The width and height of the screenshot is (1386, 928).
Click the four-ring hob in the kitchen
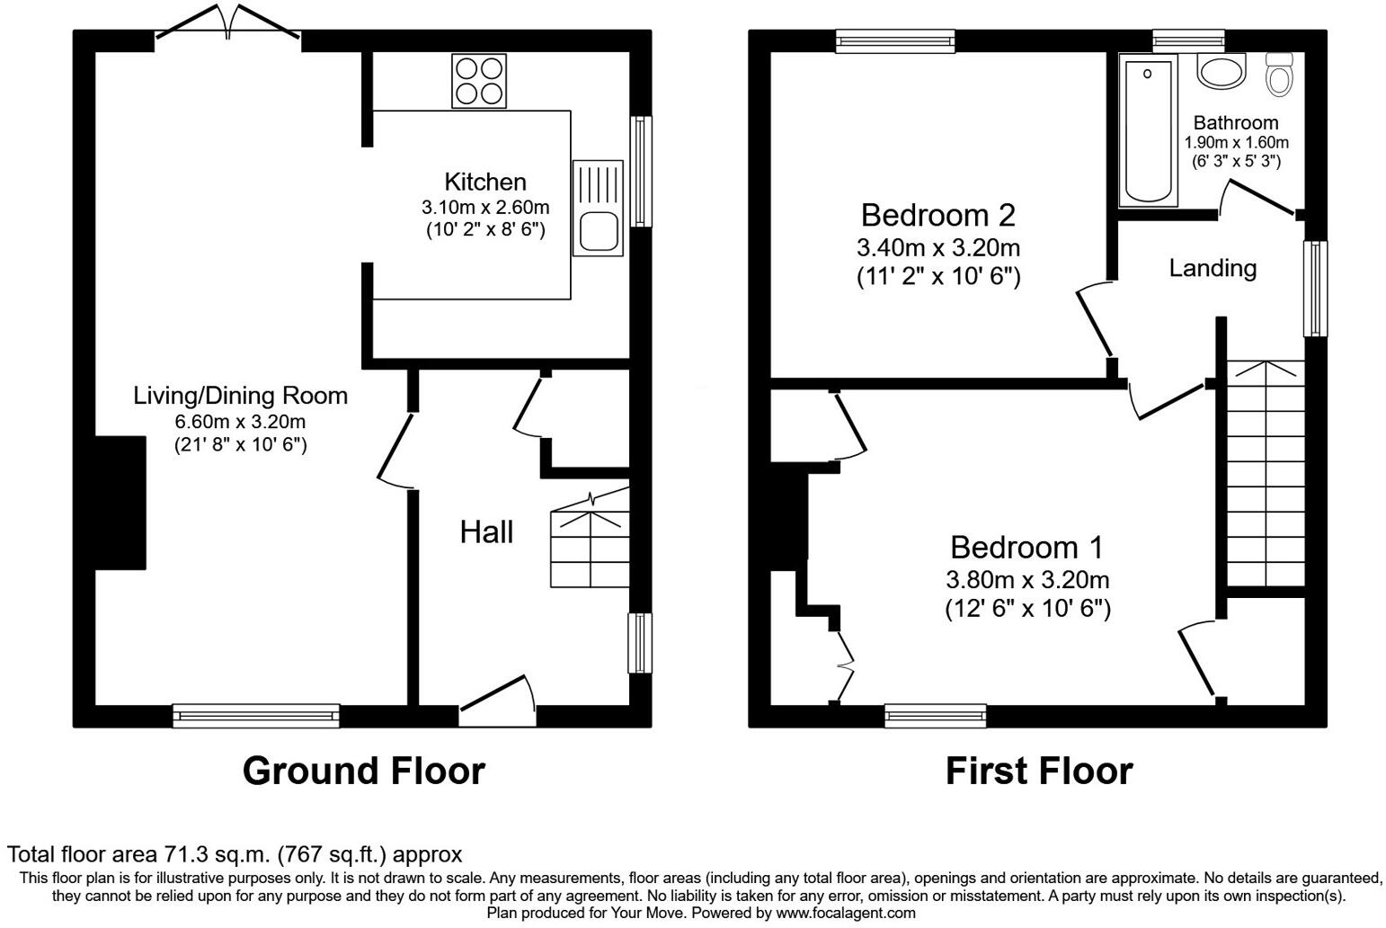[479, 81]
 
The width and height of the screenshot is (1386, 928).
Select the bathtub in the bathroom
[1148, 130]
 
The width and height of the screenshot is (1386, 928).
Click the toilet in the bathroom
[1280, 75]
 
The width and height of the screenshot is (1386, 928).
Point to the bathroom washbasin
[1222, 71]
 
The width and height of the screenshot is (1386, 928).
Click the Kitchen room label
[485, 182]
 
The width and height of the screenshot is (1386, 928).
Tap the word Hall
[486, 532]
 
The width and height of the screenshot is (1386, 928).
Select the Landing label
[1213, 268]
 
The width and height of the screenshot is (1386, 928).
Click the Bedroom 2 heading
[938, 216]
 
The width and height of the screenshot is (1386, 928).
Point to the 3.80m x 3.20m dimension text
[1027, 580]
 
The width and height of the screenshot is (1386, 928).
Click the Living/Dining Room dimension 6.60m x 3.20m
[240, 422]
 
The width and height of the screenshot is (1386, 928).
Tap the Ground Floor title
[364, 772]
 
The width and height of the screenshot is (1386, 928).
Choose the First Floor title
[1039, 772]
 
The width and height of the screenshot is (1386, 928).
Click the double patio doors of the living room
[227, 22]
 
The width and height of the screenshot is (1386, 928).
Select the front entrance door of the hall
[498, 700]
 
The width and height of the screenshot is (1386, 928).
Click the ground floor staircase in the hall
[591, 538]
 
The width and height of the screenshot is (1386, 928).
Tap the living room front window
[256, 716]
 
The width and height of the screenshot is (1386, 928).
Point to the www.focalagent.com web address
[846, 913]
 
